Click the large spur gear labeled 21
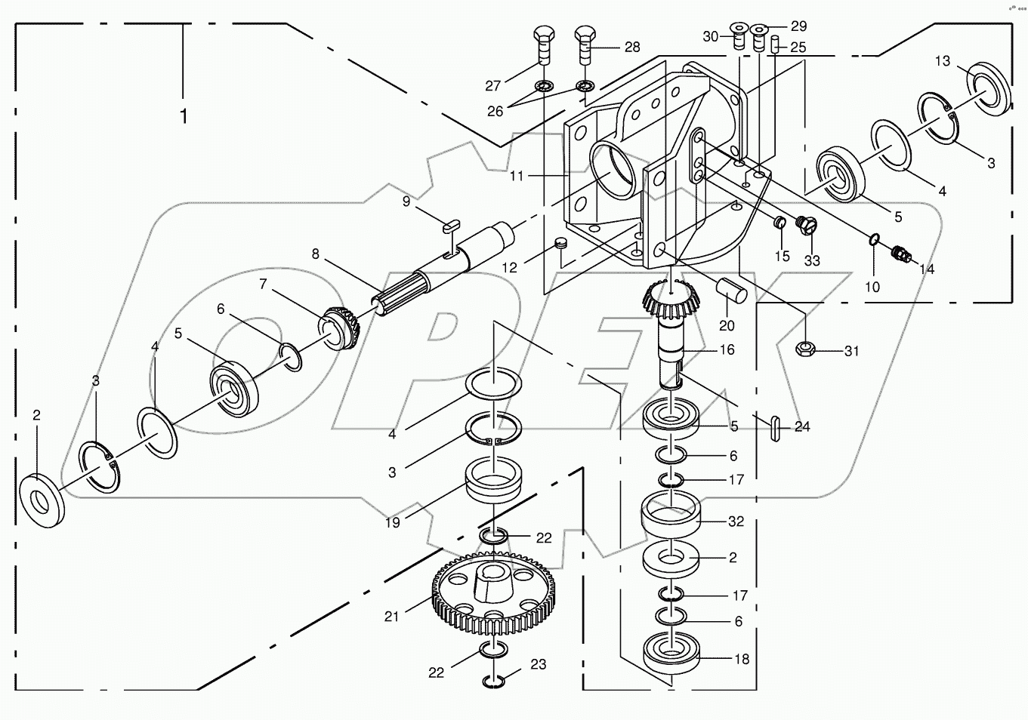490,592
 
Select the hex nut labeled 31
806,348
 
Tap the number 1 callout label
183,117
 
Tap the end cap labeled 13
983,85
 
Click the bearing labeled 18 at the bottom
671,653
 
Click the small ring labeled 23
493,682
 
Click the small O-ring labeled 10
873,239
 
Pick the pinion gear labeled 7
341,328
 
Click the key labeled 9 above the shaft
452,223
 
